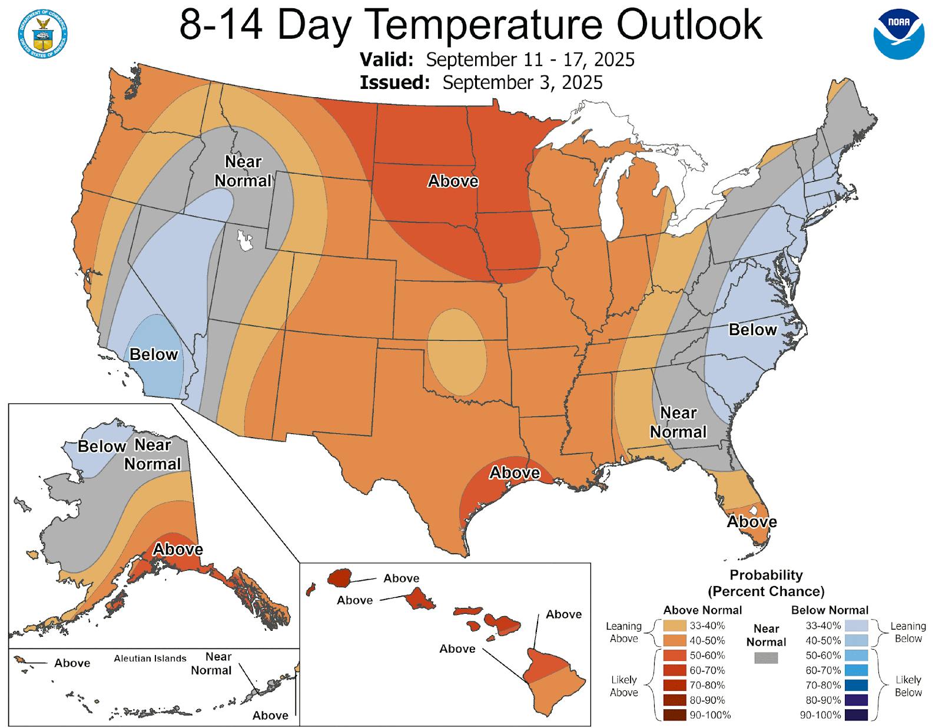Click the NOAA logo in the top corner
pos(898,34)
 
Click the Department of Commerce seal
pos(43,34)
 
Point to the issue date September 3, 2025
pos(522,82)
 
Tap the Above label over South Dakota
pos(453,181)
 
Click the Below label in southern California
pos(154,354)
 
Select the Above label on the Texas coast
pos(515,472)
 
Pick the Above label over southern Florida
pos(752,522)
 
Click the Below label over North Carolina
pos(752,330)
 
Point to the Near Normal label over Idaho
pos(243,171)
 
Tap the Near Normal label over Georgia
pos(678,422)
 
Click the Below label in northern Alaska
pos(101,446)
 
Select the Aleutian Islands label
pos(150,658)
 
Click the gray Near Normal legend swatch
pos(766,657)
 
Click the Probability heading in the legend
pos(766,575)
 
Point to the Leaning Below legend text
pos(908,632)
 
